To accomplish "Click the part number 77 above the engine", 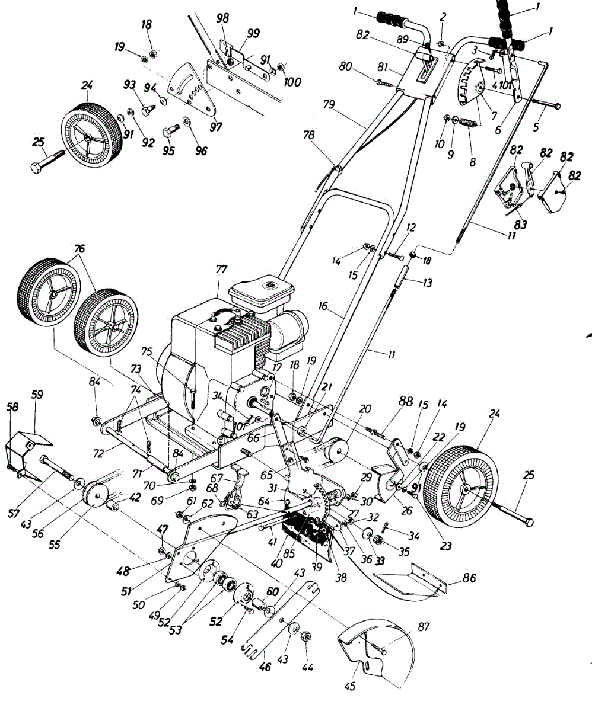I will point(221,270).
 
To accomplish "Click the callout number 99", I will point(253,34).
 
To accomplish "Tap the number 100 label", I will point(292,82).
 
